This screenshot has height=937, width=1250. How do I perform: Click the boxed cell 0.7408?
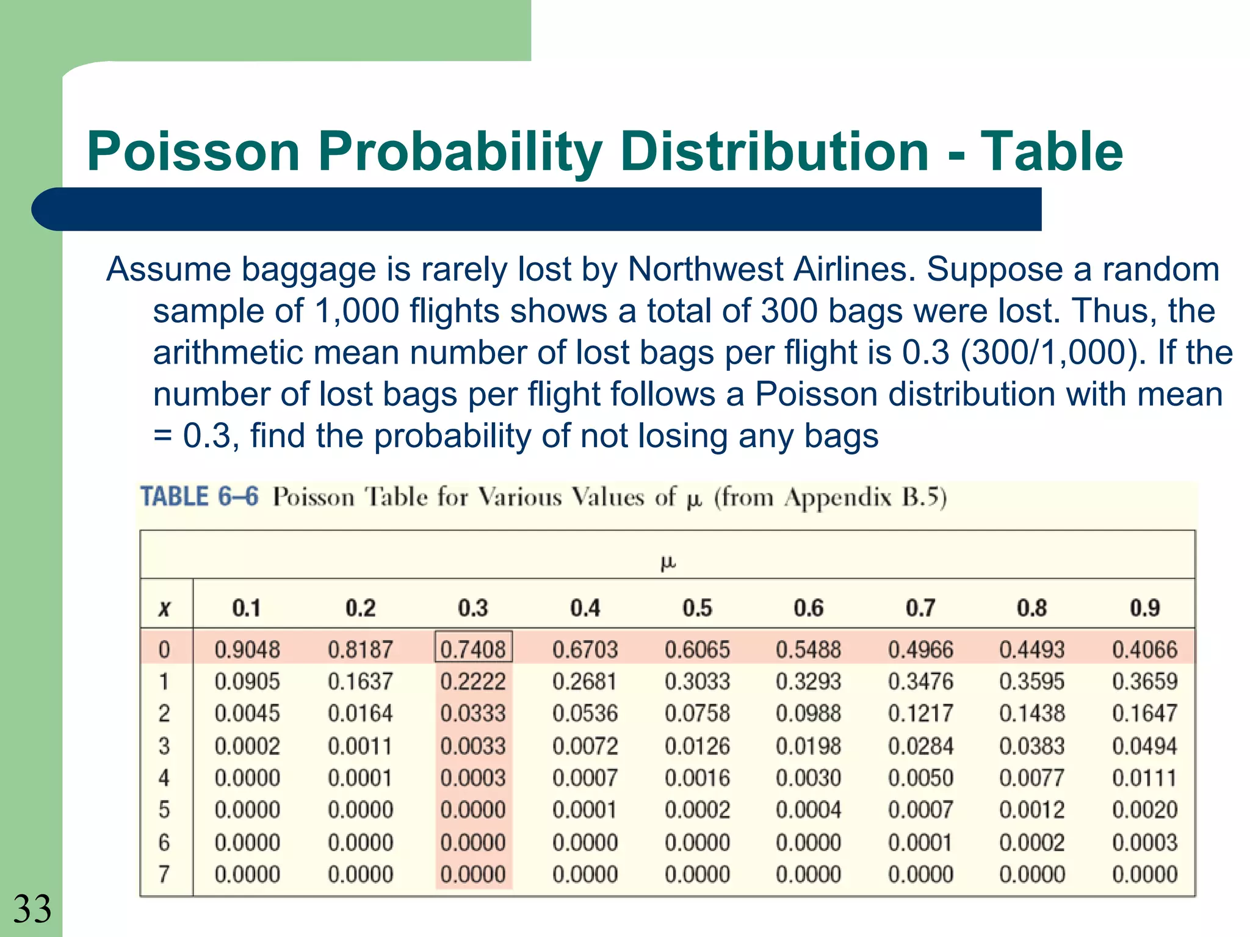tap(473, 648)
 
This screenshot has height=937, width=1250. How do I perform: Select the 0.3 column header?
tap(473, 608)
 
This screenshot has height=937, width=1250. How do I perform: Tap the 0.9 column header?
tap(1144, 608)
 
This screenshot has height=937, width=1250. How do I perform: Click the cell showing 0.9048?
tap(247, 649)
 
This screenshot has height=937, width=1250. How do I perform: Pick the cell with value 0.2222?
tap(473, 681)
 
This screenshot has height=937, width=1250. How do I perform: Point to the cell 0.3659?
tap(1144, 681)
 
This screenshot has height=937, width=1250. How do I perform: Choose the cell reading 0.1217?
tap(920, 713)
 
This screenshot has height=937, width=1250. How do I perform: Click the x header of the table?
tap(164, 608)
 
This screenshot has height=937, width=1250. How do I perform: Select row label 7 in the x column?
tap(164, 874)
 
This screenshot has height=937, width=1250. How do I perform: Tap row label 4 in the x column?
tap(164, 778)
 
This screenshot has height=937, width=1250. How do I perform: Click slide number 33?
tap(32, 909)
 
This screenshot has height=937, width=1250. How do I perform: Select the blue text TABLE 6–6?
tap(200, 497)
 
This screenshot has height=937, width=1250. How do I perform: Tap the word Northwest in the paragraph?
tap(705, 269)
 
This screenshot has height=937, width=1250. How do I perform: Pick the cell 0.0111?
tap(1144, 778)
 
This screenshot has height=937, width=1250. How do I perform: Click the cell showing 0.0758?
tap(697, 713)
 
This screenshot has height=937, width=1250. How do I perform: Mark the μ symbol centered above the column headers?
tap(668, 562)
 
